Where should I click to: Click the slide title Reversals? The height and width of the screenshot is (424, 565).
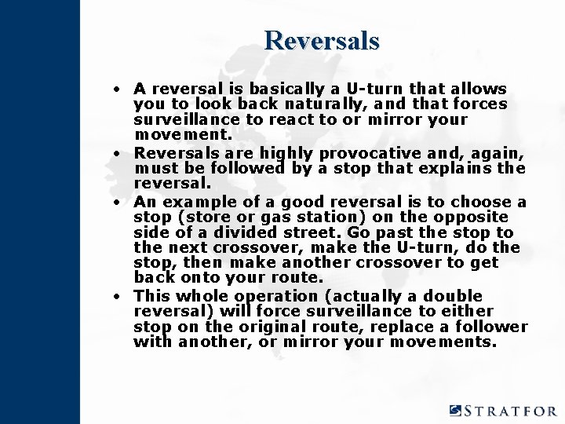click(x=322, y=40)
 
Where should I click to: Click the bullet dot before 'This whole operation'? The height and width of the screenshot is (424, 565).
click(x=115, y=297)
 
